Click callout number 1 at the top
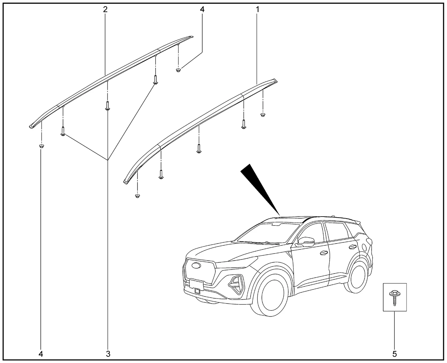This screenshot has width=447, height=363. [257, 9]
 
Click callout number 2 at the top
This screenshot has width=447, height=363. [105, 9]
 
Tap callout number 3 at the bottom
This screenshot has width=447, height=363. [108, 354]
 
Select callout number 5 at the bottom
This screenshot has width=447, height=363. [395, 354]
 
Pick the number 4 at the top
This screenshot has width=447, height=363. [202, 9]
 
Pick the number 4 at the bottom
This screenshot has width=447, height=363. [41, 354]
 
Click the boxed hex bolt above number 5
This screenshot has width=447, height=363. [394, 297]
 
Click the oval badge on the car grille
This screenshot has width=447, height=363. [196, 265]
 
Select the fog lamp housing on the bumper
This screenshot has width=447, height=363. [236, 285]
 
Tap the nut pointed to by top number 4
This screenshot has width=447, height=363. [178, 70]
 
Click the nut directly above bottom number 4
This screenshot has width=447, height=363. [42, 146]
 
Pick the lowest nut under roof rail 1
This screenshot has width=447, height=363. [138, 196]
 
